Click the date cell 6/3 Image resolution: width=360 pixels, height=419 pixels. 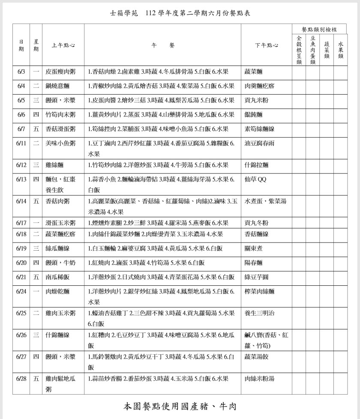click(21, 72)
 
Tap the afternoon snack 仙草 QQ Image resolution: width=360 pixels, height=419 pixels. click(255, 180)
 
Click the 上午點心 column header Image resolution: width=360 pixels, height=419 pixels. click(63, 45)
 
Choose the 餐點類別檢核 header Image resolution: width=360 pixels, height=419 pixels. click(319, 30)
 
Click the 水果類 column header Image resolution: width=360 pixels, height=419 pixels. click(341, 50)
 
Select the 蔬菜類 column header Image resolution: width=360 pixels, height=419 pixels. click(327, 50)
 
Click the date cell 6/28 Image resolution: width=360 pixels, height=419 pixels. click(21, 379)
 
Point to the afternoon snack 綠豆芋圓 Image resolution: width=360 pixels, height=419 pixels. click(256, 277)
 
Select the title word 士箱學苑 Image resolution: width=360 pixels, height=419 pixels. click(123, 13)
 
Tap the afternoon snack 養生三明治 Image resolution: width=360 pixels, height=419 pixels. click(259, 313)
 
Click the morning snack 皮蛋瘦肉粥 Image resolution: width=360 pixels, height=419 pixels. click(60, 72)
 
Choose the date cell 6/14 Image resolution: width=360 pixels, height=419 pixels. click(21, 201)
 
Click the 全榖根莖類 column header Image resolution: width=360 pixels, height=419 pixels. click(299, 50)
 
